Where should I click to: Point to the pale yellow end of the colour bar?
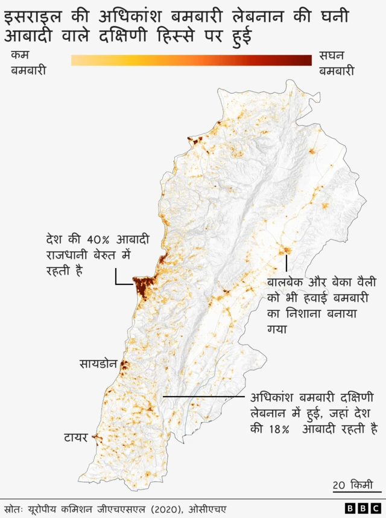[76, 60]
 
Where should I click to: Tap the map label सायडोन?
[98, 364]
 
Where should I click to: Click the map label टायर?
[77, 436]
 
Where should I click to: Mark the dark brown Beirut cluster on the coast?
[142, 287]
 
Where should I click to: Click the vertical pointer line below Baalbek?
[287, 264]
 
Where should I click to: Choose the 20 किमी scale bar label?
[352, 485]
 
